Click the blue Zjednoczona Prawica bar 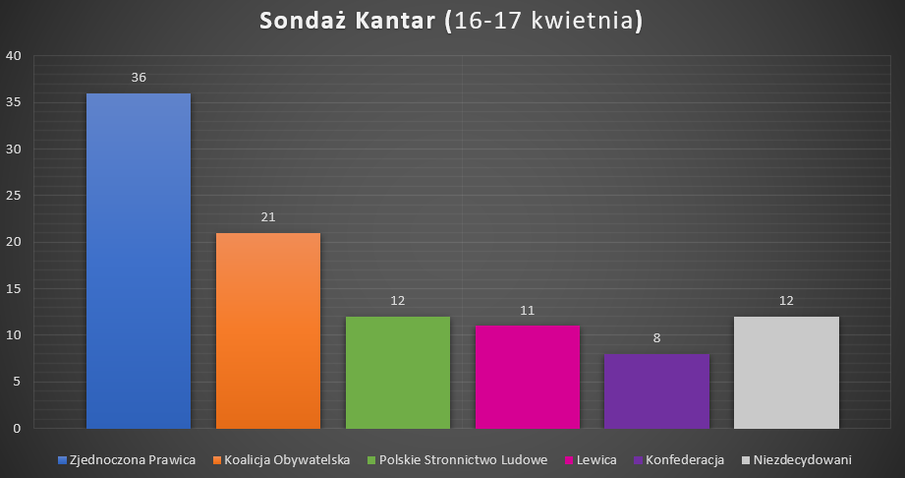[139, 261]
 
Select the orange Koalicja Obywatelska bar [268, 330]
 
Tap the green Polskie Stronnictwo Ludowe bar [397, 372]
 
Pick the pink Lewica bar [527, 377]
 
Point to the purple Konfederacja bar [656, 390]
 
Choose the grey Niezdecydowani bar [786, 372]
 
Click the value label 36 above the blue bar [139, 77]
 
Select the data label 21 [268, 216]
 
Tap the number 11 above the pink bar [527, 310]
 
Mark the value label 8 [656, 337]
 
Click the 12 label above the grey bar [786, 300]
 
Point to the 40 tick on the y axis [14, 56]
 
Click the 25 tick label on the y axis [14, 196]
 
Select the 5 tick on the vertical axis [18, 382]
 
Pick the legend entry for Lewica [595, 459]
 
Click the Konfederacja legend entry [685, 459]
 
